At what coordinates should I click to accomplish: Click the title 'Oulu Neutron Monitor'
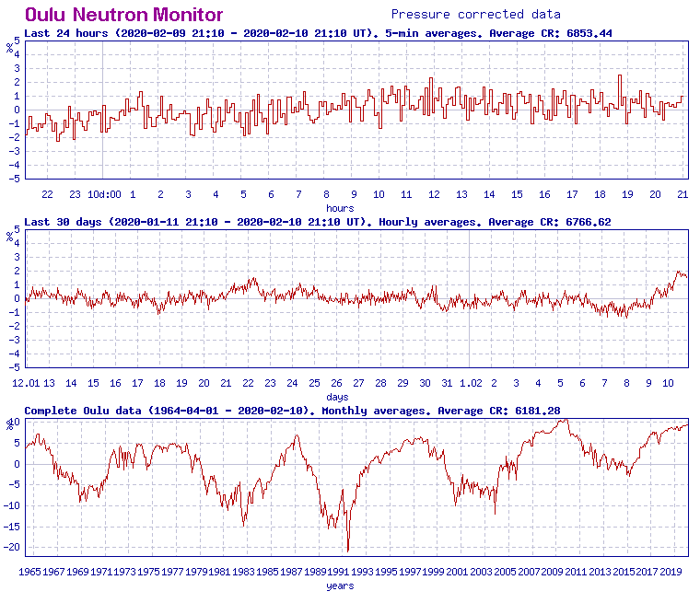[123, 15]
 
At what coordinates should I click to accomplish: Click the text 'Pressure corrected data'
[475, 14]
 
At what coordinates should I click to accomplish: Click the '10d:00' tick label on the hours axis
[104, 194]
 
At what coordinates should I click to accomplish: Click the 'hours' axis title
[340, 208]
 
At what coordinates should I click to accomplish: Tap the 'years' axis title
[340, 586]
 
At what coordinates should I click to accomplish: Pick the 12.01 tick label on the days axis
[26, 383]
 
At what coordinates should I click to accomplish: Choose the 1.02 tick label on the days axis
[470, 383]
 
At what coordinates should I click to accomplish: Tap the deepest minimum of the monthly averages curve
[348, 551]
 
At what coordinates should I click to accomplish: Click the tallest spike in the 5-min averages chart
[620, 75]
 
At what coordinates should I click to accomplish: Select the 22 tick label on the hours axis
[47, 194]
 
